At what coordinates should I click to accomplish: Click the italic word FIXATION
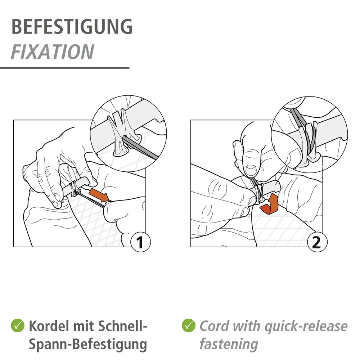53,52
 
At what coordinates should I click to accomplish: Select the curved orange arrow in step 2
271,205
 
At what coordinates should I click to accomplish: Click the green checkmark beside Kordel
17,326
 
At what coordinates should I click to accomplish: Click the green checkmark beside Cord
188,326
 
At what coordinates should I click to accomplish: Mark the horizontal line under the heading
65,68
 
